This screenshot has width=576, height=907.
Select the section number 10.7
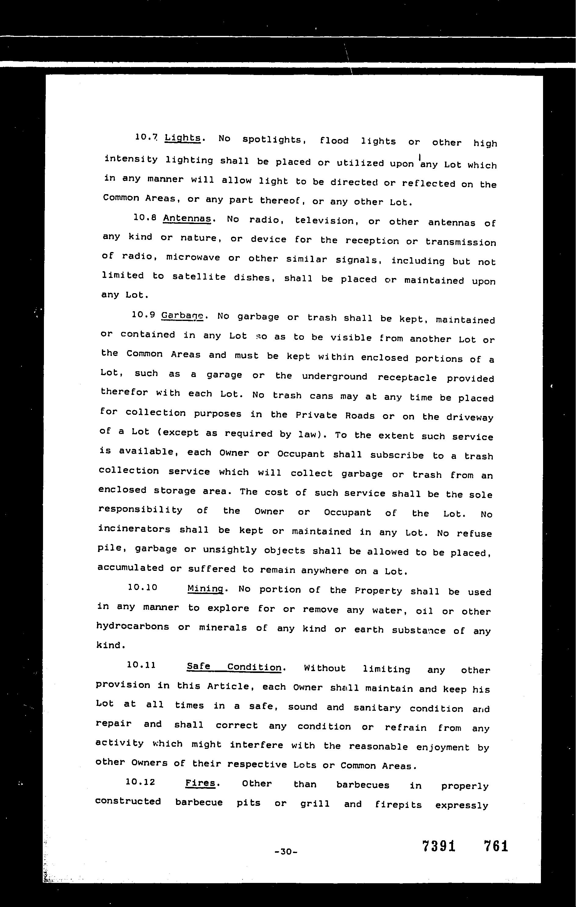[146, 137]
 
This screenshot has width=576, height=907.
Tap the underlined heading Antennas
[187, 219]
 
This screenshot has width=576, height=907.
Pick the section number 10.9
[144, 314]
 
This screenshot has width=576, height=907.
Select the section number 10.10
[142, 587]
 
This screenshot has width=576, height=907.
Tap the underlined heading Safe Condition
[234, 667]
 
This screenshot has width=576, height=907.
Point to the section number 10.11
[141, 665]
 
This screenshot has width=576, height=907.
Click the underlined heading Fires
[200, 783]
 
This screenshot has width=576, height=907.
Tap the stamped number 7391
[439, 846]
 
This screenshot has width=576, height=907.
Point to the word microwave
[193, 257]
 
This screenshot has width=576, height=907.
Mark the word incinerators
[134, 529]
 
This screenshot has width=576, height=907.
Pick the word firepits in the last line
[398, 804]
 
